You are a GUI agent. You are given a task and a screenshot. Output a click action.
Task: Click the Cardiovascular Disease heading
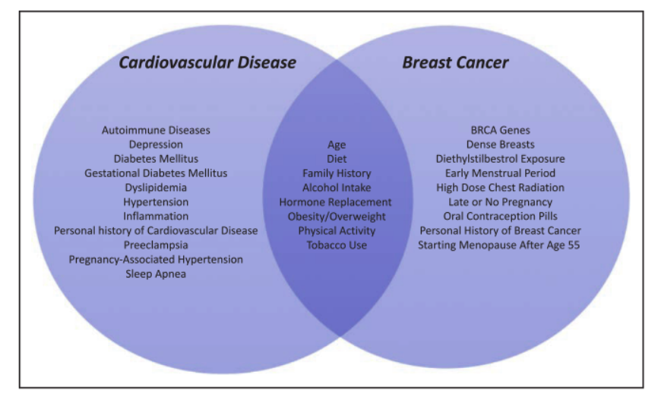click(x=207, y=62)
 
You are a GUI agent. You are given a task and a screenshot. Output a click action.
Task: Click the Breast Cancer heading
click(x=455, y=62)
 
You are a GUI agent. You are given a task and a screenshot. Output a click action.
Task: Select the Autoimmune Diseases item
click(x=156, y=130)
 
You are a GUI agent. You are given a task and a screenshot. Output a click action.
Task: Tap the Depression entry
click(x=156, y=144)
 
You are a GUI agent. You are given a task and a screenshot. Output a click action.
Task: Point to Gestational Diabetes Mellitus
click(x=156, y=173)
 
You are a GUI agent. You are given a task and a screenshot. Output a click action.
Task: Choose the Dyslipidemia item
click(x=156, y=188)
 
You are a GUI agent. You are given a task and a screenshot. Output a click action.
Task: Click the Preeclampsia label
click(x=156, y=245)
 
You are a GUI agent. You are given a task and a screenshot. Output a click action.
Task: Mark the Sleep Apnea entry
click(x=156, y=274)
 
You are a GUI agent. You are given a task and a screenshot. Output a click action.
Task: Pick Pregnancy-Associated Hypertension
click(x=156, y=259)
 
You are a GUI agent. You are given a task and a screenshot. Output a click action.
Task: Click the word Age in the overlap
click(x=336, y=144)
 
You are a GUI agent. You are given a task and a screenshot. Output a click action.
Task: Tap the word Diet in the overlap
click(x=336, y=159)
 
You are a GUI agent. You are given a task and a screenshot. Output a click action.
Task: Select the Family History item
click(x=336, y=173)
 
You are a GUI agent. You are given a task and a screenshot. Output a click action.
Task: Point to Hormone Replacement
click(x=336, y=202)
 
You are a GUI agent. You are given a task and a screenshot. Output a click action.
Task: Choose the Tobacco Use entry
click(x=336, y=245)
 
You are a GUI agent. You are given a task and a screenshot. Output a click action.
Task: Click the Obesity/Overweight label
click(x=336, y=217)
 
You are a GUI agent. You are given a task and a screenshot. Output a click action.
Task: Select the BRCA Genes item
click(x=500, y=130)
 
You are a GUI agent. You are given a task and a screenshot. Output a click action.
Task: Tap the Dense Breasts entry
click(x=500, y=144)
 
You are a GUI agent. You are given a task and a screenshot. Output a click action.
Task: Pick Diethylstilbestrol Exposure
click(x=500, y=159)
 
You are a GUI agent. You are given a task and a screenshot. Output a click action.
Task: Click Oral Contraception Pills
click(x=500, y=217)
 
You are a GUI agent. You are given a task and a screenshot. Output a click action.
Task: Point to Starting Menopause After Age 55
click(x=500, y=245)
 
